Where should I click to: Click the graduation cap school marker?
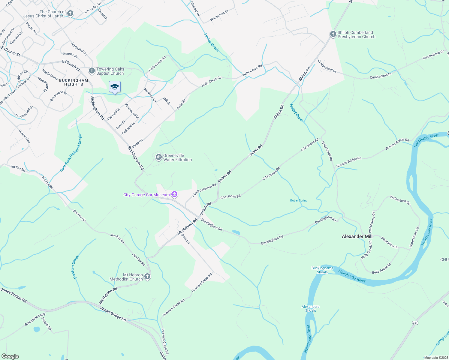[115, 87]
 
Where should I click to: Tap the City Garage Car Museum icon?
[174, 195]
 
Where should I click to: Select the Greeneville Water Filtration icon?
[158, 157]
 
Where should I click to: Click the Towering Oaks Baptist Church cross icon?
[92, 71]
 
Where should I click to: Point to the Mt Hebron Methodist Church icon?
[147, 276]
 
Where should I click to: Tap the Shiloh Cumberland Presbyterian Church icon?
[333, 34]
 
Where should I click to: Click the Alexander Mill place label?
[357, 236]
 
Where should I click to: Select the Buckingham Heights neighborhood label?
[74, 82]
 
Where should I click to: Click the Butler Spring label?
[299, 200]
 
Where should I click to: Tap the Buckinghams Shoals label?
[322, 270]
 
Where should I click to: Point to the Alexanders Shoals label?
[310, 308]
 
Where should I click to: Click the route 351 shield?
[415, 323]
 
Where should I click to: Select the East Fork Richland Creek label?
[71, 153]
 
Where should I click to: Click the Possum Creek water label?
[76, 267]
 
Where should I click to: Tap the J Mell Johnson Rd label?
[204, 190]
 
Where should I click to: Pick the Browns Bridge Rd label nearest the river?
[397, 144]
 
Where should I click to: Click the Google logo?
[10, 356]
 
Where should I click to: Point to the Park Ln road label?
[185, 239]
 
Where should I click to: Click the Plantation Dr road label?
[390, 242]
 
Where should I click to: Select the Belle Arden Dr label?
[381, 268]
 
